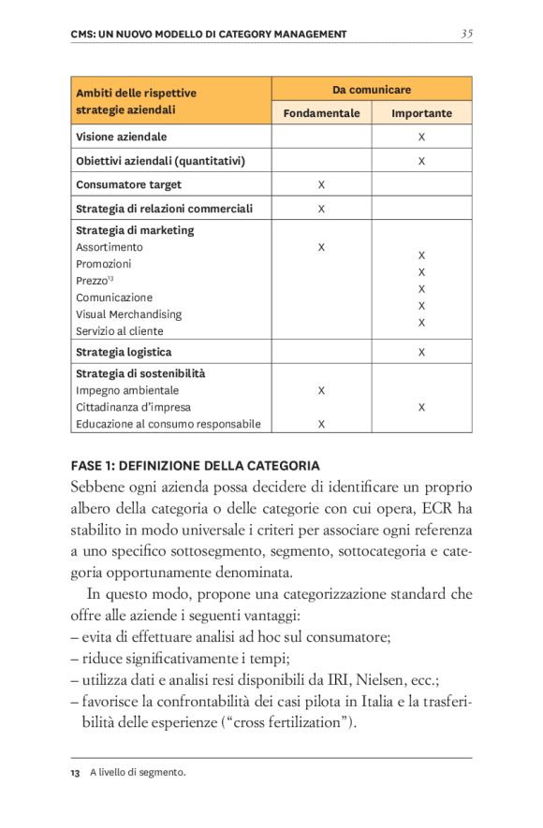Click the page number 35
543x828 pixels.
coord(466,34)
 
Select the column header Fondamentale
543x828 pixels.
coord(321,113)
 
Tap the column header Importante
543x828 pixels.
coord(421,113)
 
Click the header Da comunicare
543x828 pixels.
coord(371,90)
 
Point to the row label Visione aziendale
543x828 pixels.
coord(122,137)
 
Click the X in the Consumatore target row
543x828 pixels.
coord(321,184)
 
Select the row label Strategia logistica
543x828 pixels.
coord(124,352)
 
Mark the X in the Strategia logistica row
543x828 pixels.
coord(421,352)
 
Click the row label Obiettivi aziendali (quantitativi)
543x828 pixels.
coord(160,161)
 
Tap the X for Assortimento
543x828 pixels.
coord(321,247)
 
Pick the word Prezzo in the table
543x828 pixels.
coord(92,281)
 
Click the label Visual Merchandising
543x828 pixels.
coord(128,314)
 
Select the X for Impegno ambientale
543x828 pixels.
coord(321,390)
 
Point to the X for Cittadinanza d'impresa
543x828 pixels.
coord(421,407)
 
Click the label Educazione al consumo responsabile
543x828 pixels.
coord(168,424)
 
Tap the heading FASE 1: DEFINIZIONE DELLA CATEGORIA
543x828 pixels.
coord(195,465)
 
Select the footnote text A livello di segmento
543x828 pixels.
coord(138,772)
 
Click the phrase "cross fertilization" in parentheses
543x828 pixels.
coord(291,723)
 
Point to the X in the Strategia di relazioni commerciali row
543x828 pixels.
coord(321,209)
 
